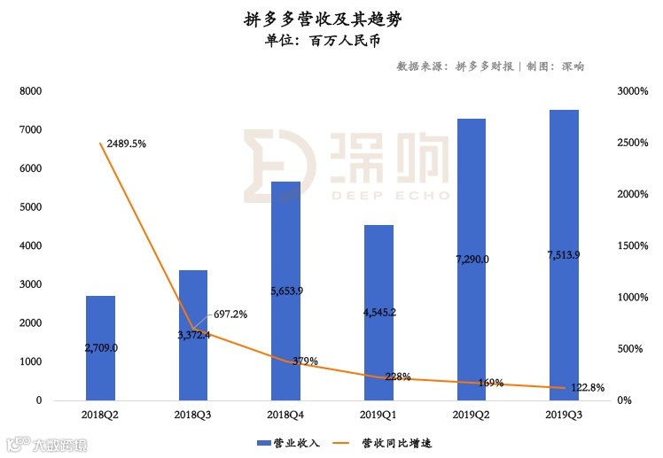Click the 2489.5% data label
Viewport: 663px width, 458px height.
(126, 143)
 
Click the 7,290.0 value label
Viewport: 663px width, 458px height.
(471, 259)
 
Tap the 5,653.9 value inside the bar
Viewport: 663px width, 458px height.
(285, 291)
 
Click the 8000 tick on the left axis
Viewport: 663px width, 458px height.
(31, 91)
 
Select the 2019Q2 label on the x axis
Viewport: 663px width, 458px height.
(471, 414)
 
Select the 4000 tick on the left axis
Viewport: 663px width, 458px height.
(31, 246)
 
